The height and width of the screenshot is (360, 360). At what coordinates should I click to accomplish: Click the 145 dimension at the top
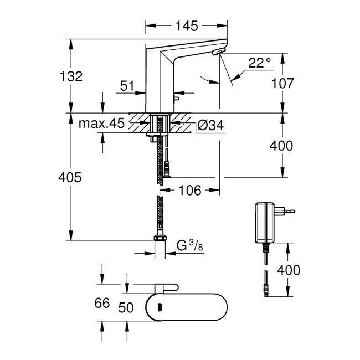click(x=186, y=26)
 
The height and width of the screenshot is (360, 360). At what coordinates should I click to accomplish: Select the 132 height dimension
click(x=71, y=76)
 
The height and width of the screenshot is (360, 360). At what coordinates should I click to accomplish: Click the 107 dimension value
click(x=282, y=83)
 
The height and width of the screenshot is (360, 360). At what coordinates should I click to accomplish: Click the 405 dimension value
click(x=70, y=177)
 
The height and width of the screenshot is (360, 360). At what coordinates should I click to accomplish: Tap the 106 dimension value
click(x=190, y=190)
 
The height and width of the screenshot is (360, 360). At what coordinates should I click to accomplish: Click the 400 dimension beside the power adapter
click(x=288, y=270)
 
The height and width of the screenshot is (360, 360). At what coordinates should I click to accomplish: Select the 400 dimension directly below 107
click(x=282, y=146)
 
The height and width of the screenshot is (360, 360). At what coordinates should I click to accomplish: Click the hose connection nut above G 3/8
click(x=160, y=239)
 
